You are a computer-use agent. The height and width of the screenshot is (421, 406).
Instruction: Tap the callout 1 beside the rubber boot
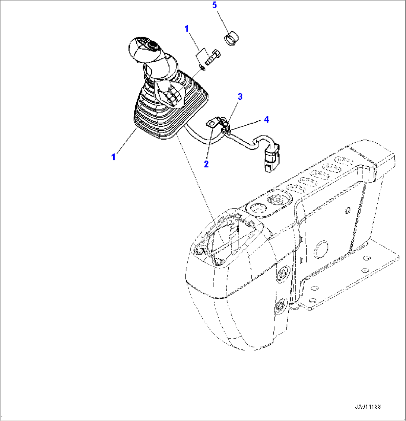(x=113, y=157)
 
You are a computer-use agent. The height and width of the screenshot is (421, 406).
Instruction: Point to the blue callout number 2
(x=206, y=163)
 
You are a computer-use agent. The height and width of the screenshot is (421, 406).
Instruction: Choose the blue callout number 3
(x=240, y=97)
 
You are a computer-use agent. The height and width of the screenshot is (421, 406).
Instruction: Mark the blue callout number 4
(x=266, y=119)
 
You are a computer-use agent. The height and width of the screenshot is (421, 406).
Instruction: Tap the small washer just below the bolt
(x=202, y=67)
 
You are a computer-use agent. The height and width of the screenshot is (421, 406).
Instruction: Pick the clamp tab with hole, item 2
(x=212, y=123)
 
